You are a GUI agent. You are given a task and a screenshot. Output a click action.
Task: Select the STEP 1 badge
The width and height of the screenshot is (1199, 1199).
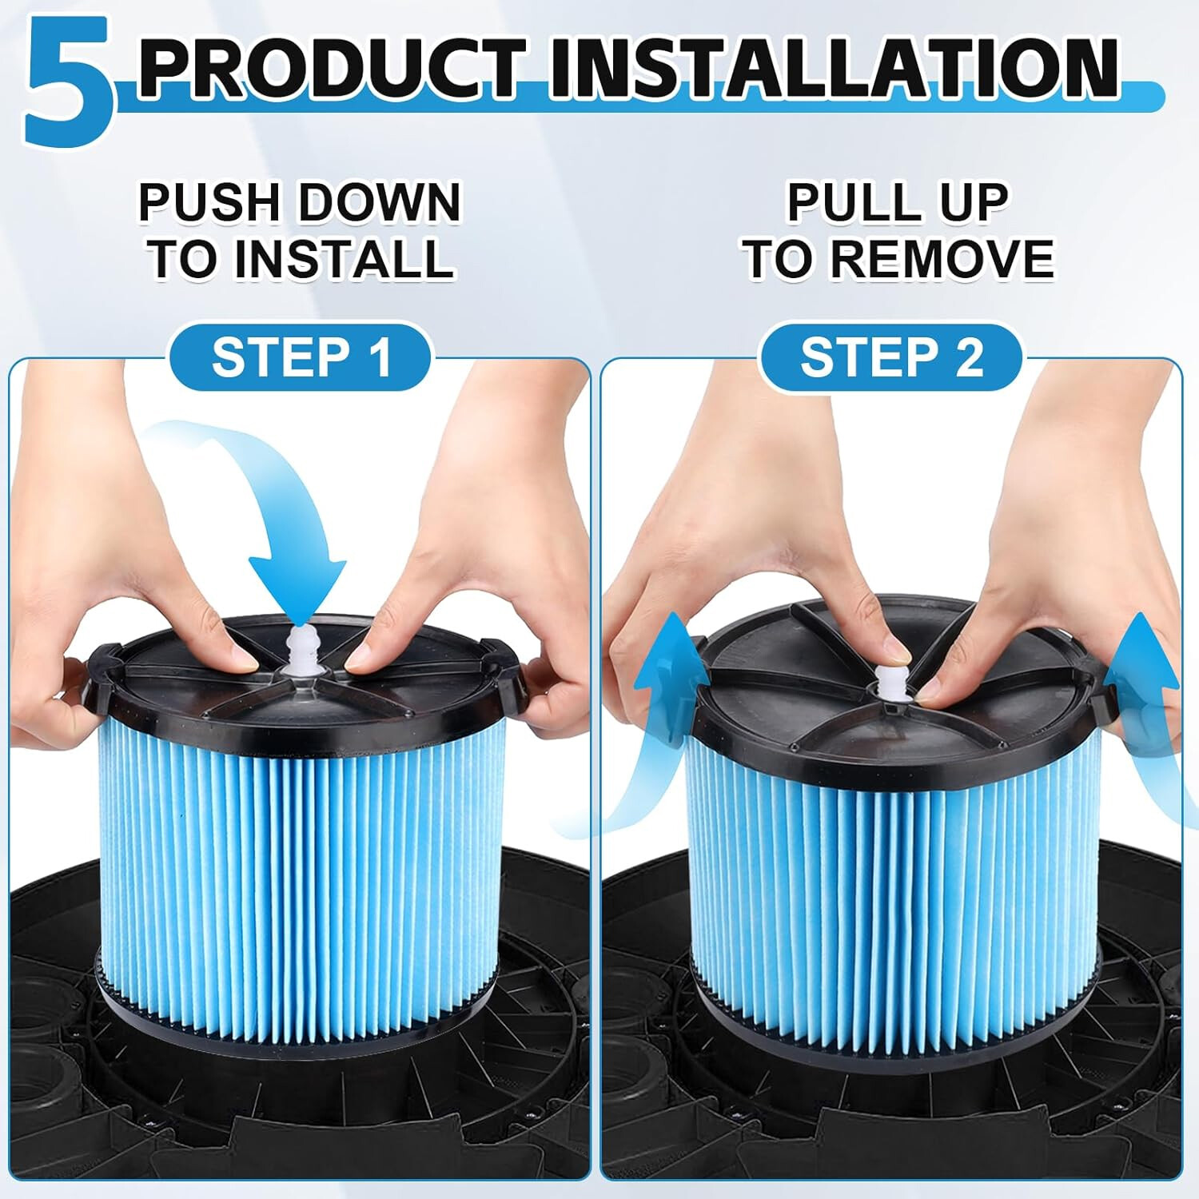[x=301, y=357]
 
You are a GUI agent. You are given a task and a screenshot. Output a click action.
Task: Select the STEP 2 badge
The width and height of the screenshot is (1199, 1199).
[x=891, y=357]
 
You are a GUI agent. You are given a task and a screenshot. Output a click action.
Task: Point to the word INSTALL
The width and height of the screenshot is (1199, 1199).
[x=344, y=259]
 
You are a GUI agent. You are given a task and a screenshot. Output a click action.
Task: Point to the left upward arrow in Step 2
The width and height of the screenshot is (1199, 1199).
[x=663, y=679]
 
